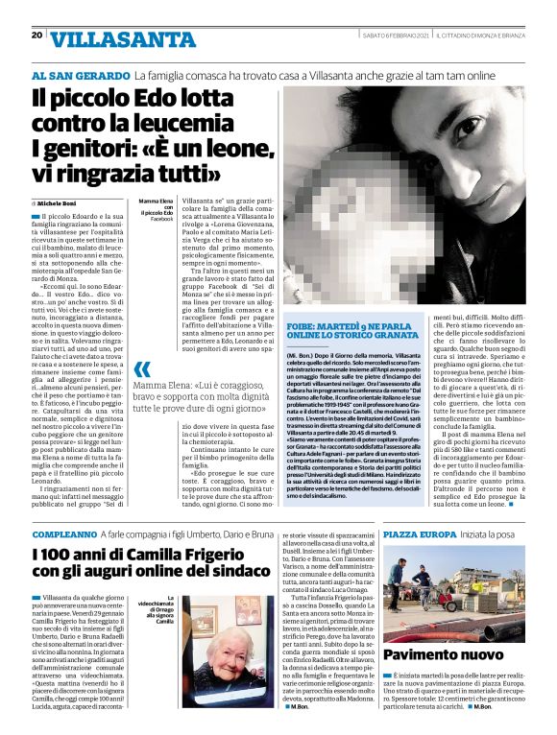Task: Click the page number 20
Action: (x=36, y=36)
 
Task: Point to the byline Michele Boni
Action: (x=59, y=203)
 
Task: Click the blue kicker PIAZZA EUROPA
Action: (x=419, y=533)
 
